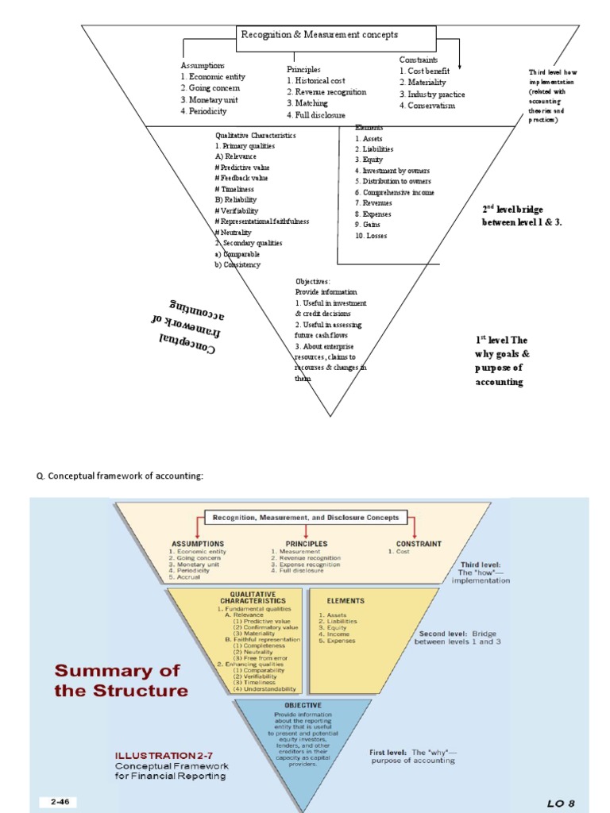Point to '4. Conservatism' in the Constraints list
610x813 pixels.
pyautogui.click(x=427, y=106)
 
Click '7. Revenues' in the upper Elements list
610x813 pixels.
pyautogui.click(x=373, y=203)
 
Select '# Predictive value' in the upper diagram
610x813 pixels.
pyautogui.click(x=244, y=168)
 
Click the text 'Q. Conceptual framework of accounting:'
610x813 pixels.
pyautogui.click(x=120, y=476)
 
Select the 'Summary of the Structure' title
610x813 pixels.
pyautogui.click(x=121, y=680)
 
